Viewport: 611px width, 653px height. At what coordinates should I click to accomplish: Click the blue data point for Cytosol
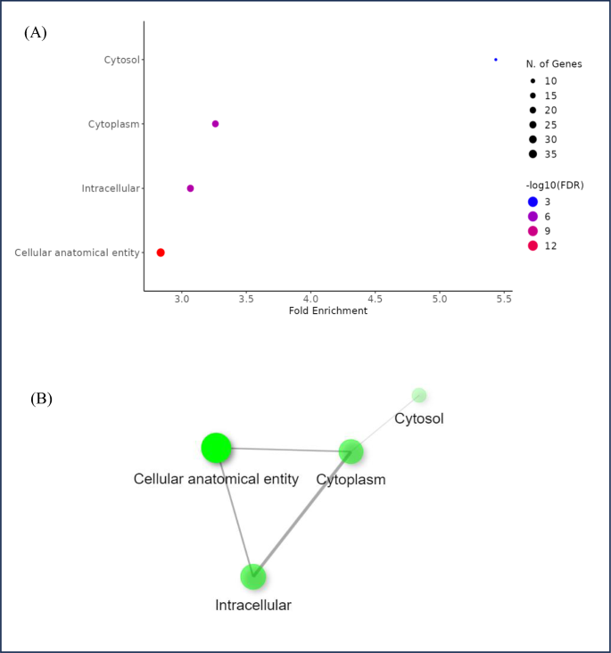[x=496, y=60]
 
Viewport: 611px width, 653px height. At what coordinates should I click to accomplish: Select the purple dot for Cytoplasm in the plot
[x=215, y=124]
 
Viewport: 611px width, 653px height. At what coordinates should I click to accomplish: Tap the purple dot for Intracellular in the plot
[x=190, y=188]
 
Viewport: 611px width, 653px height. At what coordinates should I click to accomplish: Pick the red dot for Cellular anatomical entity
[x=161, y=252]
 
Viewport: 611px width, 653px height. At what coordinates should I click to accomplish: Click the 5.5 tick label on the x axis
[x=503, y=299]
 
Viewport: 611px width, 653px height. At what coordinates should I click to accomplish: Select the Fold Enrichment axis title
[x=328, y=311]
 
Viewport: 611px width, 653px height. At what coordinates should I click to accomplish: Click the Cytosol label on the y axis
[x=121, y=60]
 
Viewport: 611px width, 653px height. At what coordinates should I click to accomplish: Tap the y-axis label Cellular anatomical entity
[x=77, y=252]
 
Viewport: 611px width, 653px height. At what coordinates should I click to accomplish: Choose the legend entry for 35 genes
[x=533, y=154]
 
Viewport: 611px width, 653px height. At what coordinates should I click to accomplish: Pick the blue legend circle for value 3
[x=533, y=202]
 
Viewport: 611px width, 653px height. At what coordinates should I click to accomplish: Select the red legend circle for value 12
[x=533, y=245]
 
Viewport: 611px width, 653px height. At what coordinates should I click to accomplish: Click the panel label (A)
[x=36, y=33]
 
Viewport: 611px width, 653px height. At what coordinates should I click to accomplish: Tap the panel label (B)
[x=41, y=399]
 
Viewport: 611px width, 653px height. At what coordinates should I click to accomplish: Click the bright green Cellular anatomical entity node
[x=217, y=448]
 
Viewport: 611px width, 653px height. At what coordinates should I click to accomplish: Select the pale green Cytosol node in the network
[x=419, y=395]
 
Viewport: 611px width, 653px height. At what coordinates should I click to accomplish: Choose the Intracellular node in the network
[x=254, y=576]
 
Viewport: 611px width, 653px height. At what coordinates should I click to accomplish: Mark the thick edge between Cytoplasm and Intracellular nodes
[x=302, y=514]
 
